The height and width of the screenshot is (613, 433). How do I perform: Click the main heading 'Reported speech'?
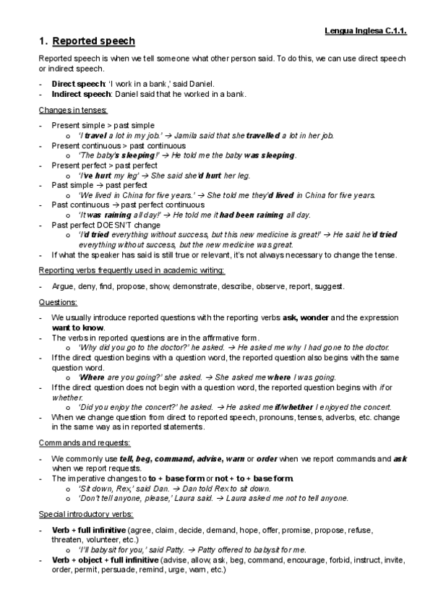point(93,41)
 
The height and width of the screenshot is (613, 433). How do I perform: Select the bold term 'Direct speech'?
point(73,84)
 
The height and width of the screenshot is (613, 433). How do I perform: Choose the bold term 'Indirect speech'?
point(77,94)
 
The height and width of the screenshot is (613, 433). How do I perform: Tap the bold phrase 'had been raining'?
point(253,215)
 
